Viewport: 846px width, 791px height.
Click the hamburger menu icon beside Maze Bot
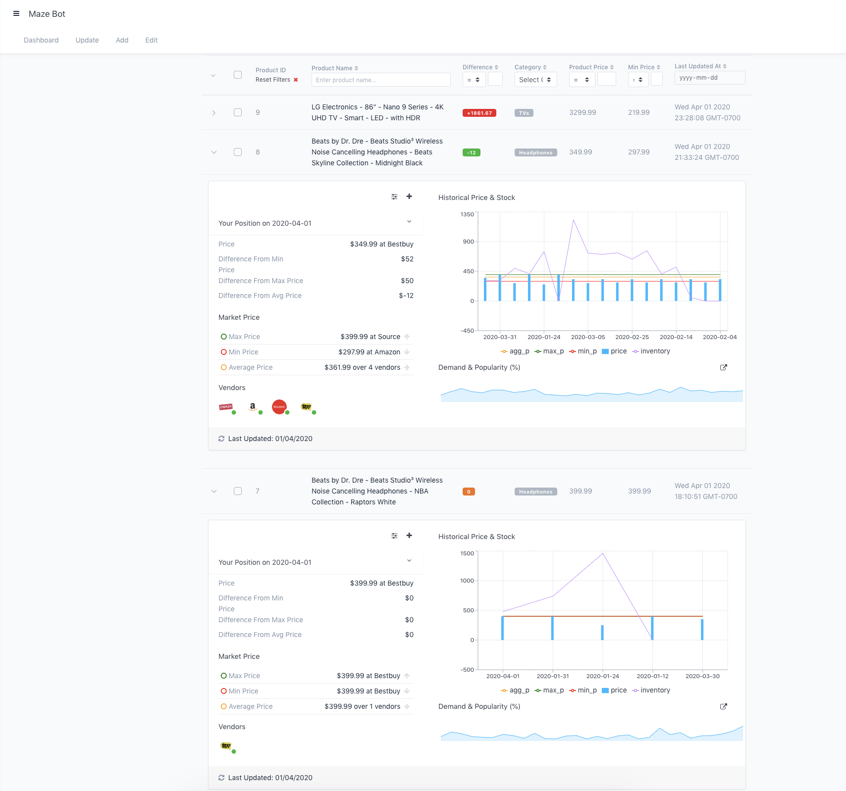[x=16, y=14]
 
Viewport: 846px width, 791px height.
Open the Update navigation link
[x=87, y=40]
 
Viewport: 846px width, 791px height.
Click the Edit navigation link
[x=151, y=40]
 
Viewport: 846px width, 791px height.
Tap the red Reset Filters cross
[x=296, y=80]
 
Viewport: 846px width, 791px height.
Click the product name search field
[x=380, y=80]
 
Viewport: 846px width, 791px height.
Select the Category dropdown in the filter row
[x=535, y=80]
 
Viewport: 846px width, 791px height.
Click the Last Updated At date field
[x=709, y=78]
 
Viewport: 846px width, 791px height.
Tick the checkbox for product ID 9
[x=238, y=112]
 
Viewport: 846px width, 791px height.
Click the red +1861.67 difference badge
[x=479, y=113]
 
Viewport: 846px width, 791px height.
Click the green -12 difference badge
[x=471, y=152]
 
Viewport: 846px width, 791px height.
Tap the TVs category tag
[x=524, y=113]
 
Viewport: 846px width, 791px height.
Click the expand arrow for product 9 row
[x=213, y=113]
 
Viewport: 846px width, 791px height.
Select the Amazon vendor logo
[x=253, y=407]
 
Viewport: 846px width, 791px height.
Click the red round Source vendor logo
[x=279, y=407]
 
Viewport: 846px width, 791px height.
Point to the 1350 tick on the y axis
[x=467, y=214]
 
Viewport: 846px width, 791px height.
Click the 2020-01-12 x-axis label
[x=652, y=676]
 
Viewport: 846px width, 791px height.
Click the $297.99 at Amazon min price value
[x=369, y=352]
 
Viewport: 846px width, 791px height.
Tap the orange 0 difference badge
[x=469, y=492]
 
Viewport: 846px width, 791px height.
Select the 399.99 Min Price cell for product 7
[x=639, y=491]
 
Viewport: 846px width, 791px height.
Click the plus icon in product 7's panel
[x=409, y=536]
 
